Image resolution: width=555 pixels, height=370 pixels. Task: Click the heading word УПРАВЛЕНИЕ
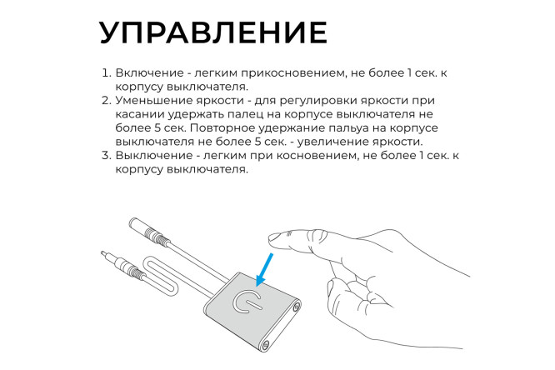coord(212,32)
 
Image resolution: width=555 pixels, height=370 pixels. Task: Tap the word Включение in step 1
coord(146,73)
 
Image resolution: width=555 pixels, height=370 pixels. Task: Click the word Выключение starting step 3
coord(151,155)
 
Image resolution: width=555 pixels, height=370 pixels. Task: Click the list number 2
coord(105,100)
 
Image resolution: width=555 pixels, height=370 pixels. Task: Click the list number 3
coord(105,155)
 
